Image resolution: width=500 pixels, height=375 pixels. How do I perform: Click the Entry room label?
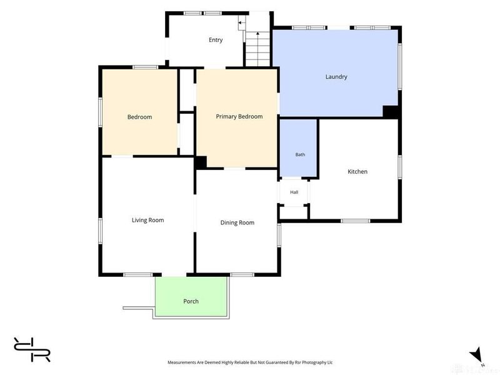click(x=216, y=40)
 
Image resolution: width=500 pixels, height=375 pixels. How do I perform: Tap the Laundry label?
click(x=336, y=76)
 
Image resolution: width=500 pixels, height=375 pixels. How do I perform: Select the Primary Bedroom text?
click(x=239, y=117)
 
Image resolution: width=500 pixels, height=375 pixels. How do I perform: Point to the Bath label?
click(x=300, y=154)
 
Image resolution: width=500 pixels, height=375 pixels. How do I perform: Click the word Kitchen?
click(x=357, y=171)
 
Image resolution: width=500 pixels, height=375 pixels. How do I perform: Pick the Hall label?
click(x=294, y=192)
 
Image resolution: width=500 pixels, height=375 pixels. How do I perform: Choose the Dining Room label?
click(x=237, y=222)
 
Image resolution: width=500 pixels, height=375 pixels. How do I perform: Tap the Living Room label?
click(x=147, y=220)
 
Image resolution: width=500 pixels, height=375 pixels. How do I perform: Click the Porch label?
click(x=191, y=301)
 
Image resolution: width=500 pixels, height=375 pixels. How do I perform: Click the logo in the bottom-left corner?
click(x=32, y=349)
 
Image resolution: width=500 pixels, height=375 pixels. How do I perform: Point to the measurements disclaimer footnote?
click(x=250, y=362)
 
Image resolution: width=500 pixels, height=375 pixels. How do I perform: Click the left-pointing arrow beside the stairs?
click(x=242, y=22)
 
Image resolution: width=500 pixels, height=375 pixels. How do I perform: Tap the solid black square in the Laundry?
click(x=390, y=112)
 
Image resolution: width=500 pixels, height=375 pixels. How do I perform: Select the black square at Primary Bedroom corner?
click(x=201, y=162)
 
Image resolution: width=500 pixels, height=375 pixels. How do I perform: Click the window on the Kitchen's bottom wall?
click(x=355, y=221)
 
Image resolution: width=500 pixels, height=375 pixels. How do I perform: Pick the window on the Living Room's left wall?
click(x=100, y=231)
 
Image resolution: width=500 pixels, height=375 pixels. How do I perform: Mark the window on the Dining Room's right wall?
click(x=279, y=236)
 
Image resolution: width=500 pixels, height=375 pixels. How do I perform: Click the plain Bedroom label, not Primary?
click(x=139, y=117)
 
